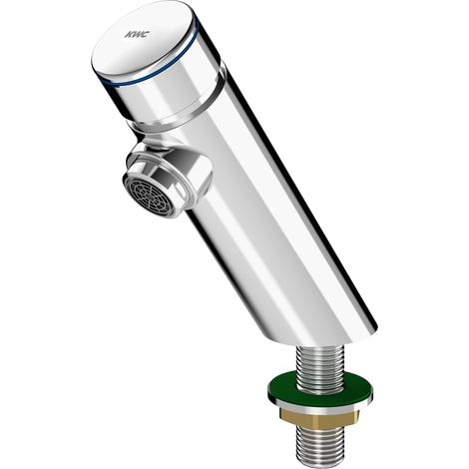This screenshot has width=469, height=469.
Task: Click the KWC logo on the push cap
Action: [x=137, y=34]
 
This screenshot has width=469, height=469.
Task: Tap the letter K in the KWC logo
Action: [x=129, y=35]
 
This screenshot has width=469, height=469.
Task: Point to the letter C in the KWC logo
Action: [x=146, y=34]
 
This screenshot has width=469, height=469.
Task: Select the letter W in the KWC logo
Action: [x=138, y=34]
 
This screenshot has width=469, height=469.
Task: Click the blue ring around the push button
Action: [x=157, y=68]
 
